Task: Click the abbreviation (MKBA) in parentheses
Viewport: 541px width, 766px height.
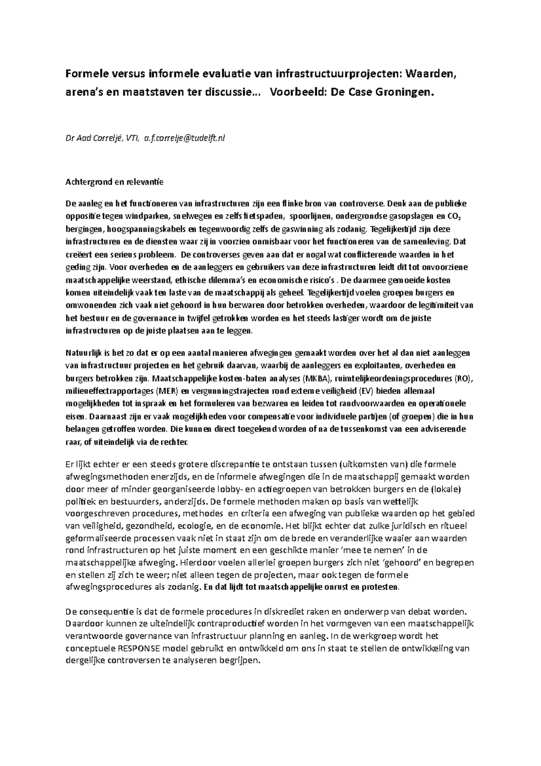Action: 318,378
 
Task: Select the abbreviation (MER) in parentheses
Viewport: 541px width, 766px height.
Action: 169,391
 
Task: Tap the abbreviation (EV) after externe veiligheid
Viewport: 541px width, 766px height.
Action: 368,391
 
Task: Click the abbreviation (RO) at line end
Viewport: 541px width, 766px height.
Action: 461,378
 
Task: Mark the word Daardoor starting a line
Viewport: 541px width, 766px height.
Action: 84,624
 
